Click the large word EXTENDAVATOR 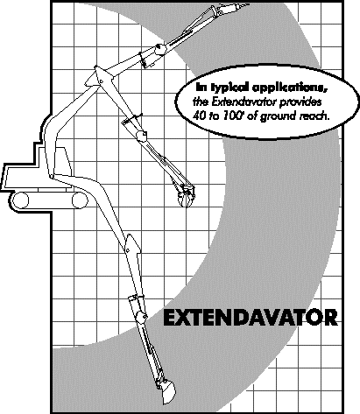point(251,318)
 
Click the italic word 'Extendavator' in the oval point(244,102)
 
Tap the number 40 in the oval point(199,116)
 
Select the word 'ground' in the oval point(278,116)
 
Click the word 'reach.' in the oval point(314,116)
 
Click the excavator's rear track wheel point(20,200)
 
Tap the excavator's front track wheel point(80,200)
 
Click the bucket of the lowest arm point(167,391)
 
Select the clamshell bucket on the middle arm point(185,196)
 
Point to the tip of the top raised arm point(249,4)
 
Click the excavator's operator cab point(59,161)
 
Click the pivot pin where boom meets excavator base point(52,176)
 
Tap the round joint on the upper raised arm point(159,48)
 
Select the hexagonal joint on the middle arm point(141,136)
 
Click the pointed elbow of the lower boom point(130,237)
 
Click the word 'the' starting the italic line point(201,102)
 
